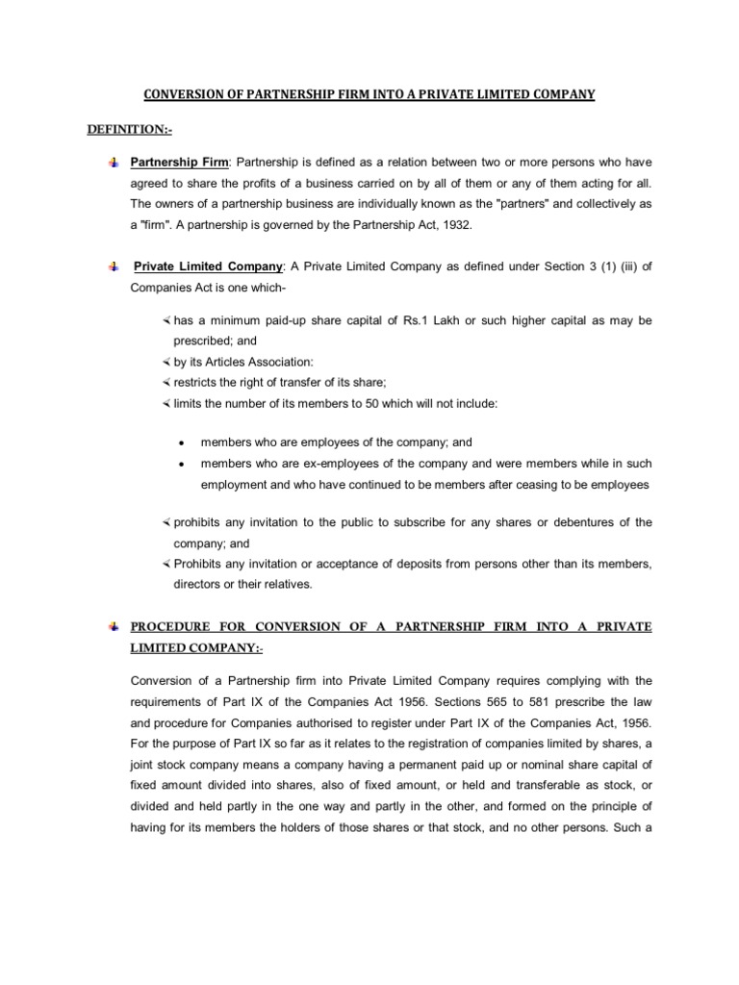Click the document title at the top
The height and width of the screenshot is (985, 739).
(x=369, y=94)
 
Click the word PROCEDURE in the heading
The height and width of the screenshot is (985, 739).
(x=172, y=626)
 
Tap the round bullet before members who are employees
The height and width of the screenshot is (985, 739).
(x=181, y=443)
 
